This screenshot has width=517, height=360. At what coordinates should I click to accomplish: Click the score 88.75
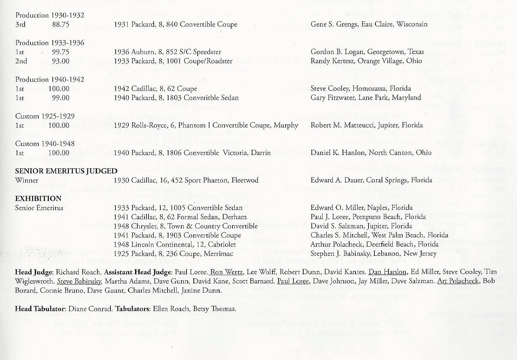tap(61, 25)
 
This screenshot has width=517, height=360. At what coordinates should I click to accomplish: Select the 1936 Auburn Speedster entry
tap(168, 52)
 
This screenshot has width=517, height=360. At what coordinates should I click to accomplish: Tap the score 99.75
tap(61, 52)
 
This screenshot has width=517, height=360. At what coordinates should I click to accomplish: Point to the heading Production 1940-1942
tap(50, 80)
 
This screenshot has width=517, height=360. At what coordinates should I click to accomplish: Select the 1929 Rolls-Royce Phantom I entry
tap(206, 125)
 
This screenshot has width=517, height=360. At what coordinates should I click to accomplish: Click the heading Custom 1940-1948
tap(45, 144)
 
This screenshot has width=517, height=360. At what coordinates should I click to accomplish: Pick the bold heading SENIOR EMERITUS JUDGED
tap(66, 171)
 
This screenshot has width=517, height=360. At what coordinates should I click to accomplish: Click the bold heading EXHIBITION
tap(38, 199)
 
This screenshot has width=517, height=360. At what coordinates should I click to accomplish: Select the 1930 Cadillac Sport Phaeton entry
tap(186, 180)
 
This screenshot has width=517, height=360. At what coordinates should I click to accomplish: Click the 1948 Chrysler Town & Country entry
tap(186, 226)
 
